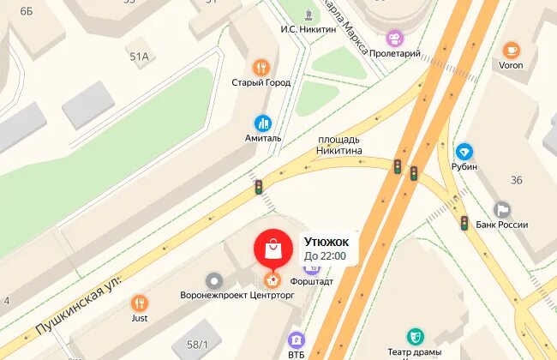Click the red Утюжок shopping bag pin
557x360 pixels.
pos(272,248)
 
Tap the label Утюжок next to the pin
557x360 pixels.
pos(326,242)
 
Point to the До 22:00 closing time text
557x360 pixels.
pos(326,255)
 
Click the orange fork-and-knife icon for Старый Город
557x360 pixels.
pos(261,67)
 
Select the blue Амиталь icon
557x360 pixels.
pos(262,123)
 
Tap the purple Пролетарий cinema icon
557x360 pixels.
pos(394,38)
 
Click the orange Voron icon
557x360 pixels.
pos(512,50)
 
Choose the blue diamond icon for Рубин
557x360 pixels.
pos(464,152)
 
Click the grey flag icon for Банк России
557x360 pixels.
pos(502,210)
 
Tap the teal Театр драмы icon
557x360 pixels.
pos(415,336)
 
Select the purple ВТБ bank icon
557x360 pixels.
pos(296,339)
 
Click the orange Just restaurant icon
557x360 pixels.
pos(140,303)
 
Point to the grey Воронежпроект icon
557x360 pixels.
pos(213,280)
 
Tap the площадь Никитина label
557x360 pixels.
pos(339,145)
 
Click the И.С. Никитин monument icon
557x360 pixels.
pos(308,13)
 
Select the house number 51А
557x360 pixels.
pos(139,57)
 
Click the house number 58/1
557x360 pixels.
pos(196,345)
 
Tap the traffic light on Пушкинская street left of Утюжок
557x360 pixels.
pos(257,187)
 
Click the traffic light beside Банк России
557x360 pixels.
pos(464,224)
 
